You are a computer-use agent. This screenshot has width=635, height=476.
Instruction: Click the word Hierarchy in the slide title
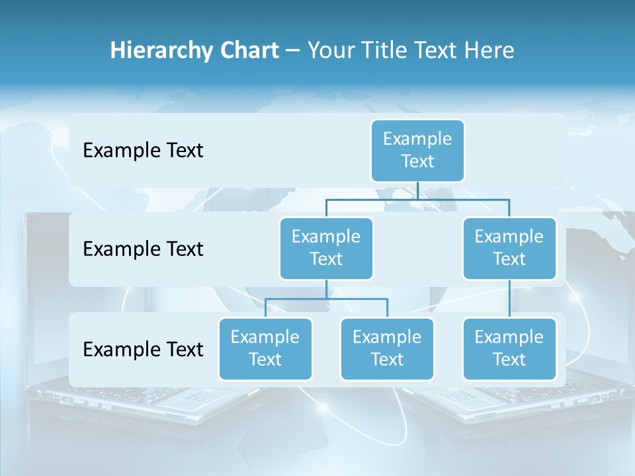(162, 50)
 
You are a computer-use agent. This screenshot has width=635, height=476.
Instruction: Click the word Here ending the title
(489, 50)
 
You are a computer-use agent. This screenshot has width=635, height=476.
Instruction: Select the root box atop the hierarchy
(417, 151)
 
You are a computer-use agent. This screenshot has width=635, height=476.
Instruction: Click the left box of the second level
(326, 249)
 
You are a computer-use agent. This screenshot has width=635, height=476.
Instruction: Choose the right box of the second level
(509, 249)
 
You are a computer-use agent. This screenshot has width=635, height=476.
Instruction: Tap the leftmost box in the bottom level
(265, 349)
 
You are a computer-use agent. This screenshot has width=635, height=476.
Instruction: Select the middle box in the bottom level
(387, 349)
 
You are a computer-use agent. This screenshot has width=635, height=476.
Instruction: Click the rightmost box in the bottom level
(509, 349)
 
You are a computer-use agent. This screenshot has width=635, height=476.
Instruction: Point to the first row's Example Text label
(143, 151)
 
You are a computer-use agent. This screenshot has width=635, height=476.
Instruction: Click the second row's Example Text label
(143, 249)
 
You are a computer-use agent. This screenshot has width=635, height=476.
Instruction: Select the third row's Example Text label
(143, 349)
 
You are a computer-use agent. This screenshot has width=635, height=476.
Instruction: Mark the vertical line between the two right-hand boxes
(509, 299)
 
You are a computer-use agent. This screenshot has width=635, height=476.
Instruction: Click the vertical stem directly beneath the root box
(417, 190)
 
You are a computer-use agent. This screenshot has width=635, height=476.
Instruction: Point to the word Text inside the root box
(417, 161)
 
